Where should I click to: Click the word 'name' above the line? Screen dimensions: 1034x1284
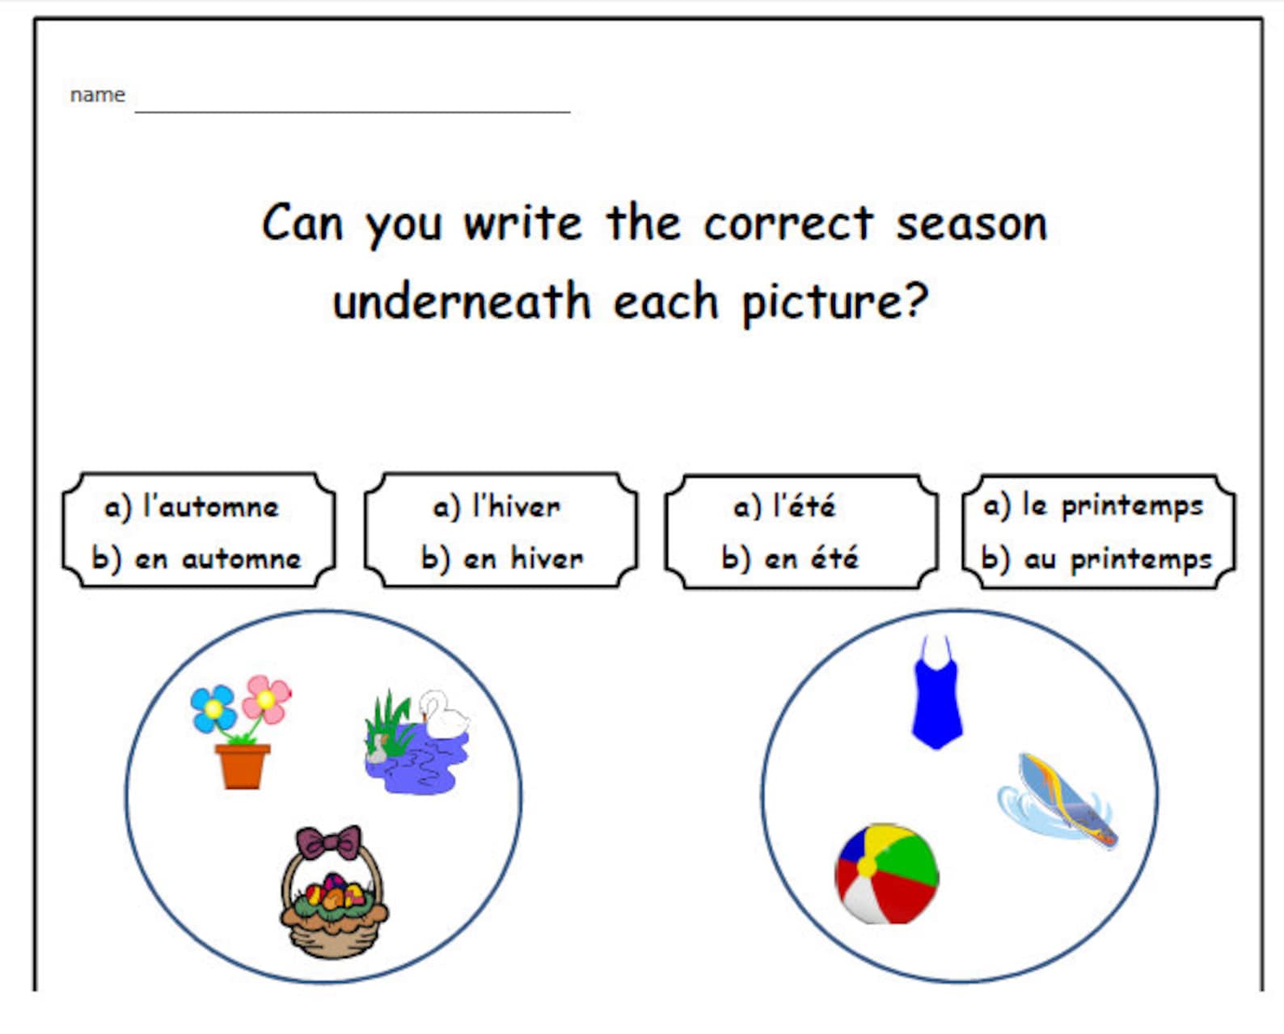point(97,95)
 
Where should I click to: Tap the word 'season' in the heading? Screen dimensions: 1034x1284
point(971,224)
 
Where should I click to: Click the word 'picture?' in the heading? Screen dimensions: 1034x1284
point(834,302)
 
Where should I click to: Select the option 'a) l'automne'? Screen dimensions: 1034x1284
point(192,507)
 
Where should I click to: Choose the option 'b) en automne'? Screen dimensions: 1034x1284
point(196,559)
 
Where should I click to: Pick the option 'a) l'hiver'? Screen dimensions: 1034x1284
point(496,507)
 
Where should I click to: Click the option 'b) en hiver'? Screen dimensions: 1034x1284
point(502,559)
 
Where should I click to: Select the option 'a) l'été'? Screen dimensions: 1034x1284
point(784,507)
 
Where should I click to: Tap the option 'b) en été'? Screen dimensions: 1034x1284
point(790,559)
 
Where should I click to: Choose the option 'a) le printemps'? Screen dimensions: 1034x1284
point(1093,506)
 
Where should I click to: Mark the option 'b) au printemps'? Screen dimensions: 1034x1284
point(1096,559)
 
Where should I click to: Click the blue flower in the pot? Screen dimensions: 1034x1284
point(213,708)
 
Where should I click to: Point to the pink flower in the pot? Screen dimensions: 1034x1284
point(266,698)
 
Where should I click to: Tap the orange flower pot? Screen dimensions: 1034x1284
point(242,766)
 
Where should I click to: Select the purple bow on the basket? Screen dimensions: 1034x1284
point(328,843)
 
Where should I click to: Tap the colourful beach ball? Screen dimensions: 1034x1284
point(886,874)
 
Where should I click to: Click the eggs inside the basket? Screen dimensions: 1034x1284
point(332,893)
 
